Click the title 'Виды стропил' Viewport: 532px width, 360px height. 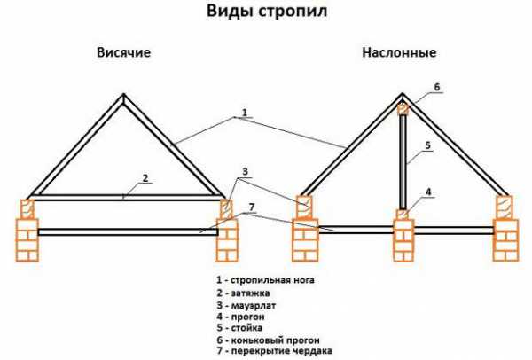pos(267,12)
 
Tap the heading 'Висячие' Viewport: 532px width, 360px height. pos(123,52)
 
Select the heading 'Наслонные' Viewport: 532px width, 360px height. pos(399,52)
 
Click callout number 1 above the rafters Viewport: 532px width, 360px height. pos(245,112)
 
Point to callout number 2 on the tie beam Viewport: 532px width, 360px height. pos(145,178)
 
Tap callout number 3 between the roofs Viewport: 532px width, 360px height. pos(245,171)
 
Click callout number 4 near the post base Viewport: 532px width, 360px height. pos(428,192)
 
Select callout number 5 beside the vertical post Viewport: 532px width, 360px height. pos(428,145)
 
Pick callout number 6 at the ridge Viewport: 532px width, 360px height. pos(436,87)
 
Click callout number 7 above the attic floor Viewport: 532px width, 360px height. pos(251,207)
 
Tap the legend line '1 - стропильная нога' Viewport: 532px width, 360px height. pos(265,280)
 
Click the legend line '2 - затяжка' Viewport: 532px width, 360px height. pos(243,293)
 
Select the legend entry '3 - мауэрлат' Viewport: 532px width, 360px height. pos(246,305)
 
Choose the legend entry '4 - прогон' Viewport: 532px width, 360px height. pos(240,317)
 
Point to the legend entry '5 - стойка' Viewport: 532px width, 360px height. pos(239,328)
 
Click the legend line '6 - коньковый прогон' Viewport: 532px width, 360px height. pos(268,340)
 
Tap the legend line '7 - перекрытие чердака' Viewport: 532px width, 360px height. pos(274,351)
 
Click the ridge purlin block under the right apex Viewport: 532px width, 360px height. pos(403,110)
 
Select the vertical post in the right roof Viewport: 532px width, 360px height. pos(403,162)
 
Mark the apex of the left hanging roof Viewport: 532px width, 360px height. pos(124,94)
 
